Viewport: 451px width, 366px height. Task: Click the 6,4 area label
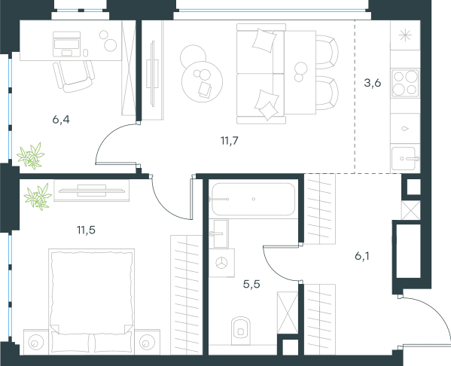click(x=61, y=119)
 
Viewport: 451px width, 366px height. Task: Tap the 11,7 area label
click(x=230, y=141)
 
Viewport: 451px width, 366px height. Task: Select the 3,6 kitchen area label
click(x=373, y=83)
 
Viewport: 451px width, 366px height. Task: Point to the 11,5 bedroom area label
click(x=86, y=230)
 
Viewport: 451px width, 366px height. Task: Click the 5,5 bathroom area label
click(x=251, y=284)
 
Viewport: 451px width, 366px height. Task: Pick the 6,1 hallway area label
click(x=362, y=255)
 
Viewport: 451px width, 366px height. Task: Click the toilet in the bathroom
click(x=241, y=331)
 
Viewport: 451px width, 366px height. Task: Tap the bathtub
click(x=254, y=199)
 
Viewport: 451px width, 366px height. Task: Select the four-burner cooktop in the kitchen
click(x=405, y=83)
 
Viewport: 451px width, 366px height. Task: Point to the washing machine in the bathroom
click(x=222, y=263)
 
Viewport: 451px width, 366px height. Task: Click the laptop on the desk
click(x=66, y=44)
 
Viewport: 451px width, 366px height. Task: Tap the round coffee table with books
click(x=202, y=81)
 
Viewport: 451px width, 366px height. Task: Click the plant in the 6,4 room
click(x=30, y=156)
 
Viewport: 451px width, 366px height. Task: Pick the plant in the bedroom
click(x=38, y=196)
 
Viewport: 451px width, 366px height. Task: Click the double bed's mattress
click(x=91, y=293)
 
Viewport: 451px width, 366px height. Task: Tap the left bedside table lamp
click(x=36, y=343)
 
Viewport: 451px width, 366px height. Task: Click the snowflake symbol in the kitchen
click(x=405, y=35)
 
